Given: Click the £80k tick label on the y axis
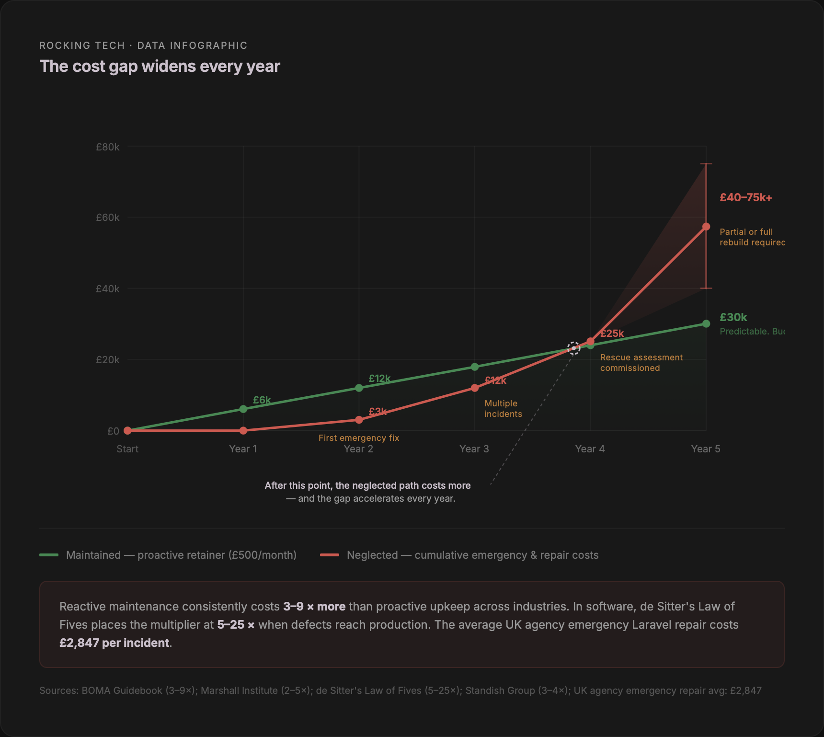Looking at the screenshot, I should pos(108,147).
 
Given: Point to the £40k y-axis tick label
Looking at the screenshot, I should pos(108,289).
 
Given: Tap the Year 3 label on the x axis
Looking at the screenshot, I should pos(474,449).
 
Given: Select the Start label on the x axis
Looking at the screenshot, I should pos(127,449).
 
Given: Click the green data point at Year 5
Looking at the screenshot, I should pos(706,324).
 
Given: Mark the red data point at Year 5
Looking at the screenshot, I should pos(706,227).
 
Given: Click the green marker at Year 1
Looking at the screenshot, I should pos(243,409).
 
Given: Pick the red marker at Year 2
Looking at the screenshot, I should pos(359,420).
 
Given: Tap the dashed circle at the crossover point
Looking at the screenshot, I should pos(574,348).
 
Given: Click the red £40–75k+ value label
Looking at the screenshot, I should pos(745,198).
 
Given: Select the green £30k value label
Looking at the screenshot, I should pos(733,317).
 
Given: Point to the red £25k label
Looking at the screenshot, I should pos(612,334).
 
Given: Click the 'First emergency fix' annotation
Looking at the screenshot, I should pos(358,438).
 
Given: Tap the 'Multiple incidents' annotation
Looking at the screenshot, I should pos(503,409).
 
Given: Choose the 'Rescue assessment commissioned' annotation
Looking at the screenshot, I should pos(641,363).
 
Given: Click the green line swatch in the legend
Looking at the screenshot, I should pos(49,555).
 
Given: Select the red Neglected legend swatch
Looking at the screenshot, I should pos(330,555).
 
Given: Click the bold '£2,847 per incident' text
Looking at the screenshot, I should pos(114,643).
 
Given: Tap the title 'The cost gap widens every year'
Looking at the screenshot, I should pos(160,67).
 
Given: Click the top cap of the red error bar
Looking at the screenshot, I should pos(706,164).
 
